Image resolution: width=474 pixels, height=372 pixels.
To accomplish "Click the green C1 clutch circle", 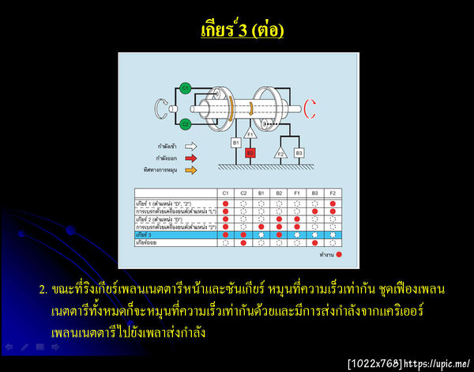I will pyautogui.click(x=185, y=87).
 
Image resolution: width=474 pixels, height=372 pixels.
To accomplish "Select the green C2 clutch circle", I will pyautogui.click(x=185, y=123).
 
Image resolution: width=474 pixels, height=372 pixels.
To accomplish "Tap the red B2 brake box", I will pyautogui.click(x=250, y=152).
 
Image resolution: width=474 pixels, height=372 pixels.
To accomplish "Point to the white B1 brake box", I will pyautogui.click(x=235, y=142).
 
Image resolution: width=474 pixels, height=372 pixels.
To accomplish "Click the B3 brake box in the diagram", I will pyautogui.click(x=299, y=151).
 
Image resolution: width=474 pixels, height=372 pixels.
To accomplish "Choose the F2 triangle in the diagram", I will pyautogui.click(x=280, y=152).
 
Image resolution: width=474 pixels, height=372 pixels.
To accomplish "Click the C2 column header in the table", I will pyautogui.click(x=243, y=193).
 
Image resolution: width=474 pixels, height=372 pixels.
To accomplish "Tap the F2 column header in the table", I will pyautogui.click(x=333, y=193).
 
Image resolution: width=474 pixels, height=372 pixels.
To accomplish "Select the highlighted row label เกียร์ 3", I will pyautogui.click(x=146, y=235).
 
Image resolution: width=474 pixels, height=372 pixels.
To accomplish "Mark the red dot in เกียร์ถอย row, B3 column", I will pyautogui.click(x=314, y=243).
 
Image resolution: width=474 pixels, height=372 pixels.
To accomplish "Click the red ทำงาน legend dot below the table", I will pyautogui.click(x=339, y=255).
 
